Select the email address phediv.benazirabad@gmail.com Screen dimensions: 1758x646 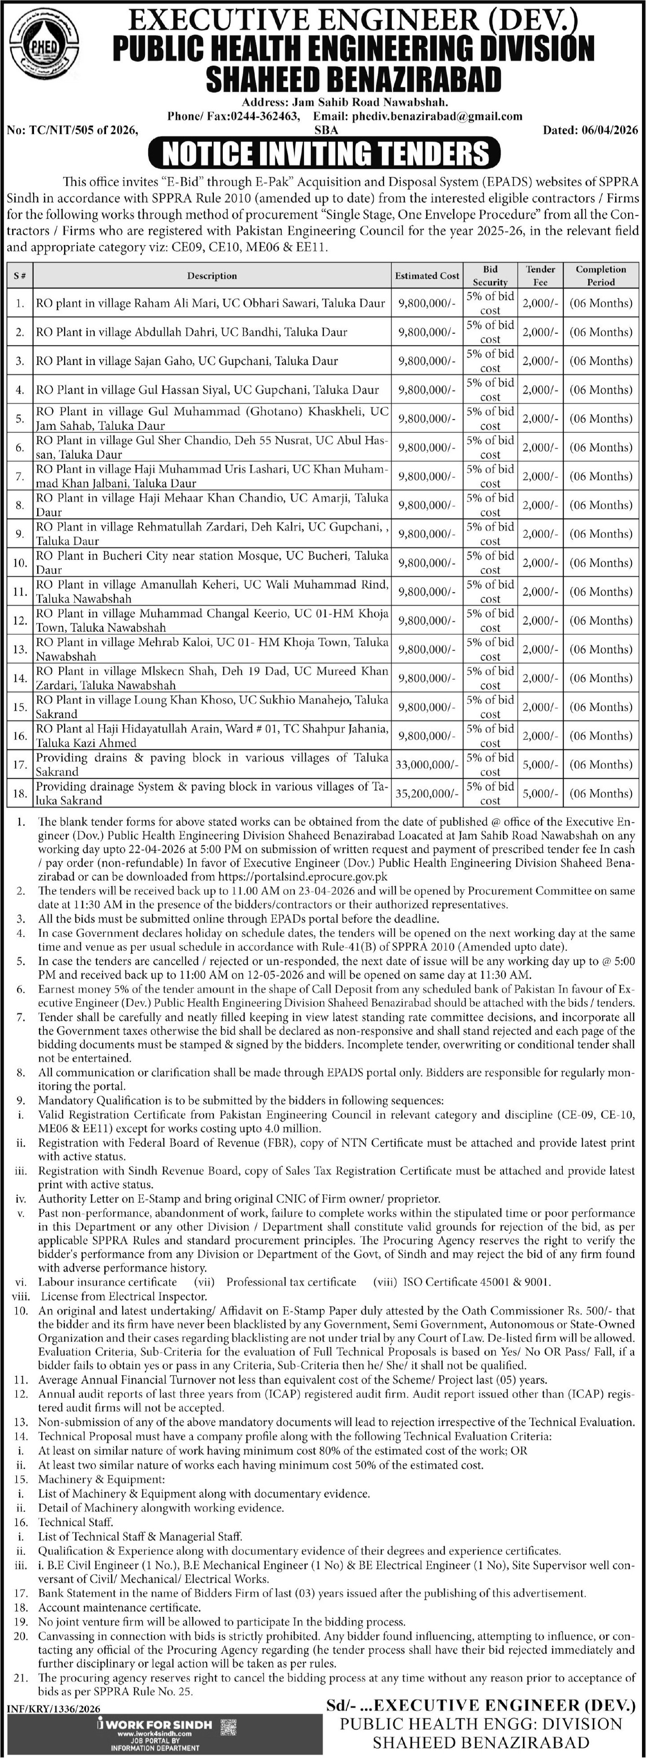(x=437, y=116)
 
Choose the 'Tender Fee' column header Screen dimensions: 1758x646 (x=540, y=276)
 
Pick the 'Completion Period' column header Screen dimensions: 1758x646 (x=600, y=276)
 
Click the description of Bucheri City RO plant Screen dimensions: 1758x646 (x=212, y=563)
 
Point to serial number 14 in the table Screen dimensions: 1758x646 (x=21, y=678)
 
